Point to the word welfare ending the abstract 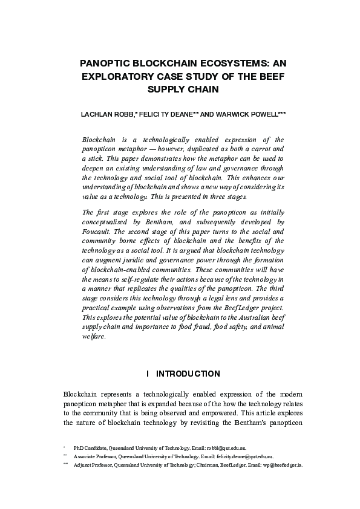(93, 337)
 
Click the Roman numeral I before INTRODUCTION (148, 374)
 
